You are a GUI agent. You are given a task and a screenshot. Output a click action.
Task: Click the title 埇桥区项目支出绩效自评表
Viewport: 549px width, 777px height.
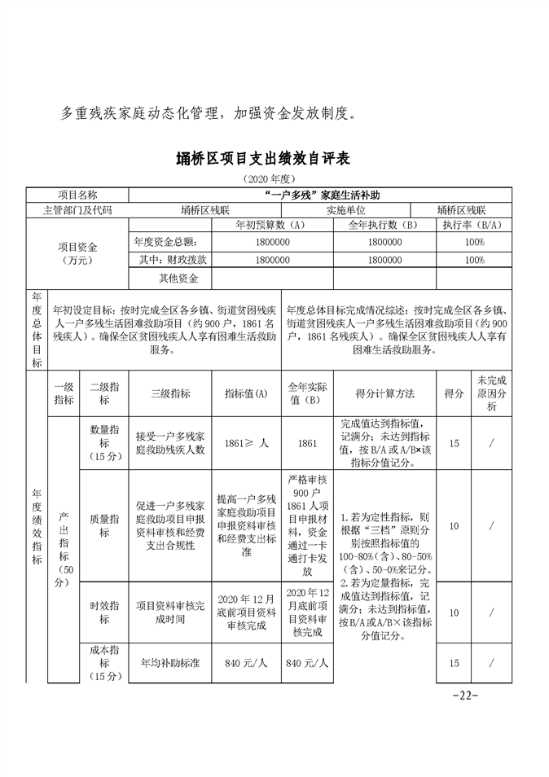click(274, 158)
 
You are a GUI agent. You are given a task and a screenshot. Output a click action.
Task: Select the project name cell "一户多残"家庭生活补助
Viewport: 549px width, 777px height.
click(323, 195)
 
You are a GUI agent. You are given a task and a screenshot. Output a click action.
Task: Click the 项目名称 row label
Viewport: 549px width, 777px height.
click(77, 195)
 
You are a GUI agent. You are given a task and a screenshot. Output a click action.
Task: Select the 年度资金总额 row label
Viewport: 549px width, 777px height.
click(165, 242)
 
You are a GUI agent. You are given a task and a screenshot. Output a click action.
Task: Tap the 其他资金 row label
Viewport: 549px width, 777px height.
click(178, 279)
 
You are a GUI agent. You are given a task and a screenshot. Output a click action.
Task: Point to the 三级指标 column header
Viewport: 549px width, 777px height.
click(170, 393)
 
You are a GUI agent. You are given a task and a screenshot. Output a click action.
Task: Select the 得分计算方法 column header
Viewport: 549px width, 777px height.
click(384, 393)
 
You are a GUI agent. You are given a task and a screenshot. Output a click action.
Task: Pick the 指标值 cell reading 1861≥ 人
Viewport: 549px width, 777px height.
click(246, 443)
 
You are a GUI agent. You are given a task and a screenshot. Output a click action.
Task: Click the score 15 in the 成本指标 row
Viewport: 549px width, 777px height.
click(454, 663)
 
